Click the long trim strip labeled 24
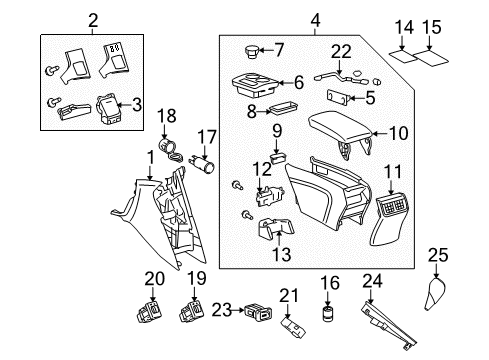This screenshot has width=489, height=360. (x=394, y=321)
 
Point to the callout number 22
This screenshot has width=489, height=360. (x=341, y=52)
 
